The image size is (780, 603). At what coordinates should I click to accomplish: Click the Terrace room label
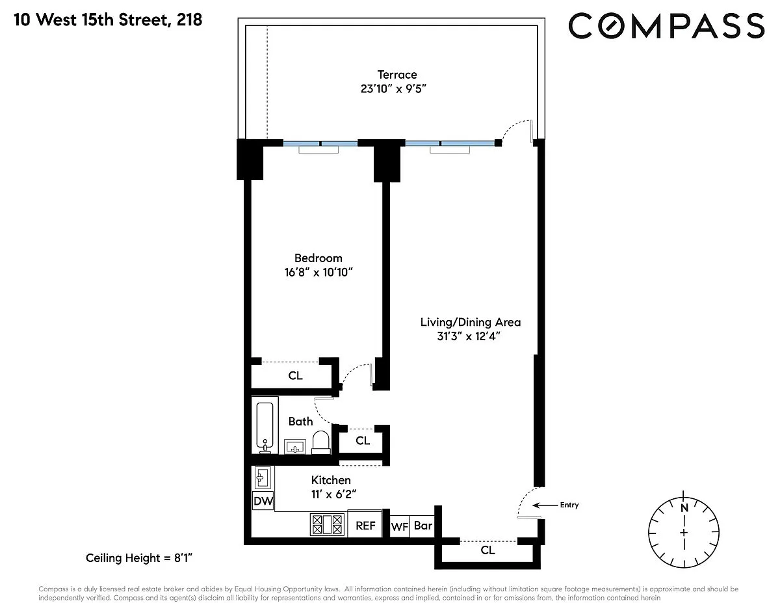tap(396, 75)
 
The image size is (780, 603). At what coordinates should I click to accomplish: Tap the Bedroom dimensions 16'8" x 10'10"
tap(318, 273)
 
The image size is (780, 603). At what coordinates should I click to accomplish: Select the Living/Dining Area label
tap(470, 322)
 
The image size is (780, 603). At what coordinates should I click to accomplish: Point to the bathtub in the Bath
tap(265, 425)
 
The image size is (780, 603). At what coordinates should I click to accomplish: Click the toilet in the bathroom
tap(321, 442)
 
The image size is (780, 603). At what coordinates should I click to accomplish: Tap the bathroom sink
tap(295, 446)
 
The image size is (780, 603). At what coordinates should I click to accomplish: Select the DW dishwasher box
tap(263, 501)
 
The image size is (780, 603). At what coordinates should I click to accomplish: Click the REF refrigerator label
tap(365, 526)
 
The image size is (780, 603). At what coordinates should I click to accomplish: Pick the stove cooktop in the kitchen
tap(327, 525)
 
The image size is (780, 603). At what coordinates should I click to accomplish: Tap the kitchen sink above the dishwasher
tap(263, 478)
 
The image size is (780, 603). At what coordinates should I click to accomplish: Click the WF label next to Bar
tap(400, 527)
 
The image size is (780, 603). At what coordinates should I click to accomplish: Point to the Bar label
tap(423, 526)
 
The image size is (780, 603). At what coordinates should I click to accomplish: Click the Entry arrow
tap(545, 505)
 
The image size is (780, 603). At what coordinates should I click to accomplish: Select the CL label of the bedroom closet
tap(295, 376)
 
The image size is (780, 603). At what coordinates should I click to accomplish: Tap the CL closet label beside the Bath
tap(363, 440)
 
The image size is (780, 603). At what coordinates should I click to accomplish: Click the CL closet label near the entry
tap(487, 550)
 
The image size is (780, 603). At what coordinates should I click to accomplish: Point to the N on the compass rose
tap(684, 508)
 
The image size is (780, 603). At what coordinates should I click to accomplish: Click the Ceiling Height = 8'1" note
tap(139, 557)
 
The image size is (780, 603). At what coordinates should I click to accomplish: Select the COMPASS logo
tap(666, 25)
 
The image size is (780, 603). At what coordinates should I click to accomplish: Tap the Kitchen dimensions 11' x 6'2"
tap(333, 494)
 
